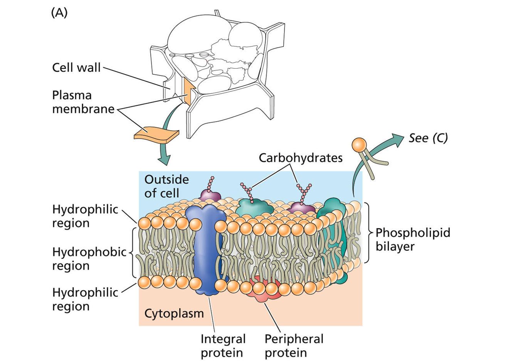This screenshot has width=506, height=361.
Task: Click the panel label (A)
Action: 59,13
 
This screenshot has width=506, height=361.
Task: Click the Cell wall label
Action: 76,67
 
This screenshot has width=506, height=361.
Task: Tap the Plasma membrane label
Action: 83,102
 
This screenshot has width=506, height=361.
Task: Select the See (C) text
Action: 428,138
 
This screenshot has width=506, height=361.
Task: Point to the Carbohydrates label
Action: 301,158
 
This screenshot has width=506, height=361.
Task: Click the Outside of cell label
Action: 166,186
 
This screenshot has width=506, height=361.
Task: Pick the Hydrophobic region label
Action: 89,259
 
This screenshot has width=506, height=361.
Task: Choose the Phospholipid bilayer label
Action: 413,239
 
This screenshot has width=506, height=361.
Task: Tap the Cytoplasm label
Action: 174,313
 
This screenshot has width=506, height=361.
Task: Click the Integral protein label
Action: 223,346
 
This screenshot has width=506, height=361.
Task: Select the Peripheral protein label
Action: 294,346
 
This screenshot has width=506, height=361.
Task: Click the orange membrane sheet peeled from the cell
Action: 156,135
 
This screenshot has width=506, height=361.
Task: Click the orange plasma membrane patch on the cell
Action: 188,92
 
